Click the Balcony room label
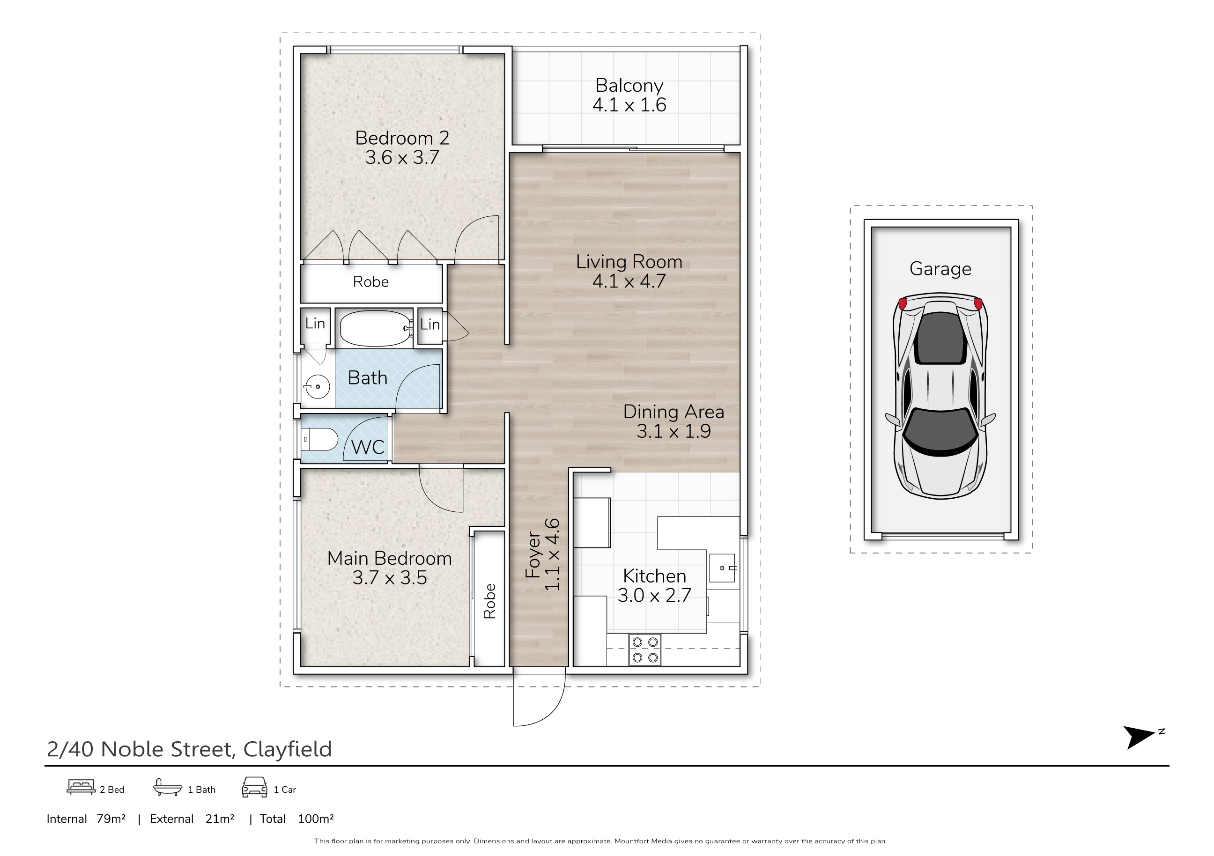[x=629, y=86]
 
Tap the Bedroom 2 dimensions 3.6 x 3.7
[x=402, y=157]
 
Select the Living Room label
[x=629, y=262]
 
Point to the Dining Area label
[x=674, y=412]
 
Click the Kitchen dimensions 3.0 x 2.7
[x=655, y=595]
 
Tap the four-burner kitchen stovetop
[x=645, y=650]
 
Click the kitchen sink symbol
[x=722, y=568]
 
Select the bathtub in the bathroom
[x=376, y=328]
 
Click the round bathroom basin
[x=317, y=386]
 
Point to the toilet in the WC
[x=319, y=439]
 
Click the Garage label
[x=940, y=269]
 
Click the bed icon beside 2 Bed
[x=81, y=787]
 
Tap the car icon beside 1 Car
[x=254, y=787]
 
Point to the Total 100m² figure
[x=296, y=819]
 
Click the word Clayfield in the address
[x=287, y=749]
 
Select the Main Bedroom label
[x=390, y=558]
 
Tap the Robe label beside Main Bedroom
[x=489, y=601]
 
